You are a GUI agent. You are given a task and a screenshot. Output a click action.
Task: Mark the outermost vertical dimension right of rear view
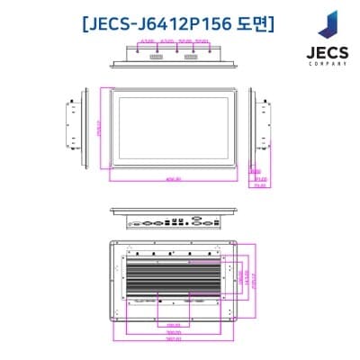click(255, 279)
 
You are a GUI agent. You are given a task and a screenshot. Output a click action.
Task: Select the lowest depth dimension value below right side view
click(260, 185)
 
